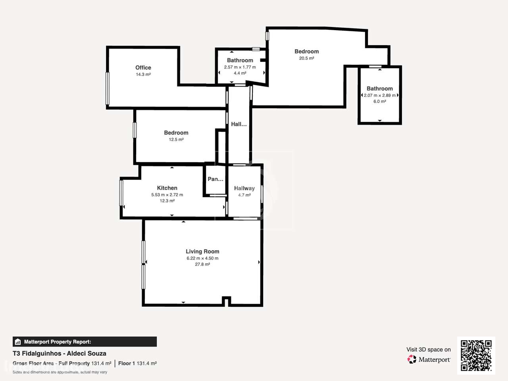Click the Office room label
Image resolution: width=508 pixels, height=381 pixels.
pyautogui.click(x=143, y=68)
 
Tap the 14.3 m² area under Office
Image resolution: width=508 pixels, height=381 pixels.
pyautogui.click(x=143, y=75)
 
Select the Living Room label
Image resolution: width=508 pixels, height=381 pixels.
pyautogui.click(x=202, y=252)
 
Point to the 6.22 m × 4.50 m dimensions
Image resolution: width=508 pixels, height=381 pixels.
pyautogui.click(x=202, y=258)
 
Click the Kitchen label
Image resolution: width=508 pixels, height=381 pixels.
pyautogui.click(x=167, y=188)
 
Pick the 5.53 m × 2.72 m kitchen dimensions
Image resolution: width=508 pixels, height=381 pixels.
pyautogui.click(x=167, y=195)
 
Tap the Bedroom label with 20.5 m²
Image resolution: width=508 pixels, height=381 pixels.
pyautogui.click(x=306, y=52)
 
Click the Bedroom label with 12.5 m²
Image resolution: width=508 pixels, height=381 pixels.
pyautogui.click(x=176, y=133)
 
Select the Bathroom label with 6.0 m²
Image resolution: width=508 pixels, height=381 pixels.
pyautogui.click(x=379, y=89)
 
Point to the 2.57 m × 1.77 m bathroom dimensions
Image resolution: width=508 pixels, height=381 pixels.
pyautogui.click(x=240, y=67)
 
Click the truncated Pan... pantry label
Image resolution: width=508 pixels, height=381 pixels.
pyautogui.click(x=216, y=179)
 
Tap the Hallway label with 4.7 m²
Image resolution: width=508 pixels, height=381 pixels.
pyautogui.click(x=244, y=189)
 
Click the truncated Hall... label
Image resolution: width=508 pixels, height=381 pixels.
pyautogui.click(x=239, y=124)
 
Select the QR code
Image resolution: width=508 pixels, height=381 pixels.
pyautogui.click(x=476, y=355)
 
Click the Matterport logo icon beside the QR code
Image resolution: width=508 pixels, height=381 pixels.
pyautogui.click(x=412, y=360)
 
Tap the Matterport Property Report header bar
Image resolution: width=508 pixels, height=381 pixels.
pyautogui.click(x=85, y=342)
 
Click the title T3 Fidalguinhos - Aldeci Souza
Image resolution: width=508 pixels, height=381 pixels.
pyautogui.click(x=60, y=354)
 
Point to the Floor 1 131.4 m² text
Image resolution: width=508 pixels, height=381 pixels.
pyautogui.click(x=137, y=364)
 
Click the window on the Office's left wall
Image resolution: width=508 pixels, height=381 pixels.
pyautogui.click(x=107, y=88)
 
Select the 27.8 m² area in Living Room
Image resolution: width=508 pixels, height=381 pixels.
pyautogui.click(x=202, y=264)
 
